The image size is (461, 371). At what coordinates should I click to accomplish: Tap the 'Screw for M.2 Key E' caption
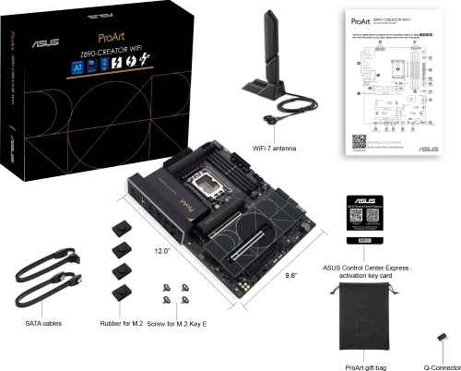pyautogui.click(x=175, y=325)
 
